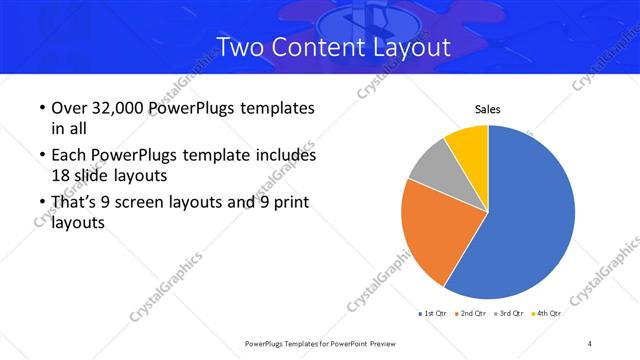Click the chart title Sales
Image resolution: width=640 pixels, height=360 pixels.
(487, 109)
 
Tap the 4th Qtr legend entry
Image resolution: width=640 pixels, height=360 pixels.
(546, 314)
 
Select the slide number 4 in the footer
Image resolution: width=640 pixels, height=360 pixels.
(590, 343)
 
